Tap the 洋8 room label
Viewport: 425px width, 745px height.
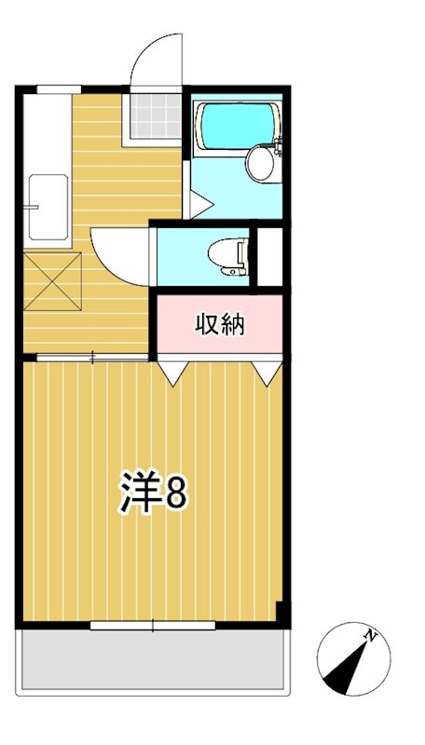pos(154,491)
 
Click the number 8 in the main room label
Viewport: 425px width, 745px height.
pos(176,492)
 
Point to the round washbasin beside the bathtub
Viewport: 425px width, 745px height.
pos(260,164)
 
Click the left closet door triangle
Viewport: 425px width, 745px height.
pos(171,372)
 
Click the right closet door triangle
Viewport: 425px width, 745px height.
pos(268,372)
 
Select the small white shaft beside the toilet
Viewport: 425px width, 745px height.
pos(269,255)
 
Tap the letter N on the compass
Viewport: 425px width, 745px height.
pos(371,636)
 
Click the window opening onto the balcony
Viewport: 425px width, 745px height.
pos(153,625)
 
